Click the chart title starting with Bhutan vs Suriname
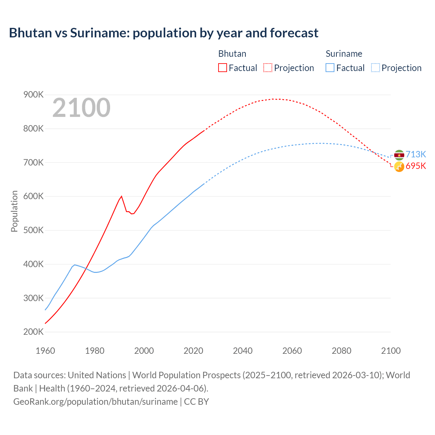[x=163, y=33]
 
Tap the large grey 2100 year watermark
[x=81, y=108]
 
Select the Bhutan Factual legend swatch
[x=222, y=68]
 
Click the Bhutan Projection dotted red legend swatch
[x=268, y=68]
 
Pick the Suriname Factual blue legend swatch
[x=330, y=68]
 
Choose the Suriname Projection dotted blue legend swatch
[x=375, y=68]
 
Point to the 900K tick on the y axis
[x=33, y=95]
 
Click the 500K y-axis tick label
[x=33, y=230]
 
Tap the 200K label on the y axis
[x=33, y=332]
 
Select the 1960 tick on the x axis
[x=45, y=351]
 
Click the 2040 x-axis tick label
[x=243, y=351]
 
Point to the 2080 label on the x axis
[x=341, y=351]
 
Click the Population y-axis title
[x=14, y=211]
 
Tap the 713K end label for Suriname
[x=416, y=154]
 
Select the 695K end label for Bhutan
[x=416, y=166]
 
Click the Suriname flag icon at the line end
[x=399, y=155]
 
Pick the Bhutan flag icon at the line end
[x=399, y=167]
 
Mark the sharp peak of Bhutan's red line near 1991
[x=121, y=196]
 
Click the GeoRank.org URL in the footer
[x=95, y=402]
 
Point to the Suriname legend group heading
[x=344, y=54]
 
